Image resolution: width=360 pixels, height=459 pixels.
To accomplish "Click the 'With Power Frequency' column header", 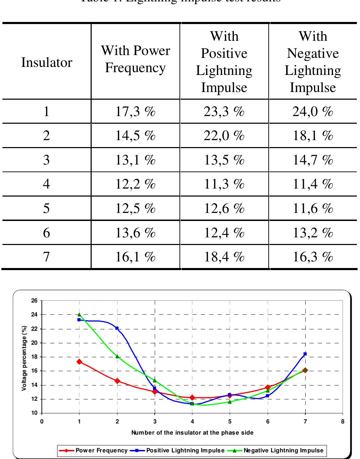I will tap(135, 59).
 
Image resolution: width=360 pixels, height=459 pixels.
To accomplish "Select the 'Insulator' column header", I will tap(47, 62).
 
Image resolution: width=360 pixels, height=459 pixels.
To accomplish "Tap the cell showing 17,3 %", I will tap(135, 112).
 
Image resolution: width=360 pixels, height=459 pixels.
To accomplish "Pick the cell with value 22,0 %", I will tap(224, 136).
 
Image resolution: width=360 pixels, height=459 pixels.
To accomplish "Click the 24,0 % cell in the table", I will tap(313, 112).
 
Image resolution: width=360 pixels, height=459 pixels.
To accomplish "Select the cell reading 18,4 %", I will tap(224, 257).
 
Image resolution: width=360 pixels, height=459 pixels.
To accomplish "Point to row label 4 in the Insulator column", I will tap(47, 184).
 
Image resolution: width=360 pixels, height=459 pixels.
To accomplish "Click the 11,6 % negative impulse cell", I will tap(313, 208).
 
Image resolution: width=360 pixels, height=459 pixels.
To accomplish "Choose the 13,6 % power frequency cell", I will tap(135, 232).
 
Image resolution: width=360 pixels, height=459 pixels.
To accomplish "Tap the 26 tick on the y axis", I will tap(35, 300).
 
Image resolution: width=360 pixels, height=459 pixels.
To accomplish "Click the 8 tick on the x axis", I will tap(343, 421).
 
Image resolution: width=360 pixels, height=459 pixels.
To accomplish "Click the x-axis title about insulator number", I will tap(192, 433).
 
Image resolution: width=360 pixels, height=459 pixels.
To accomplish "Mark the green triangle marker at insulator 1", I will tap(79, 314).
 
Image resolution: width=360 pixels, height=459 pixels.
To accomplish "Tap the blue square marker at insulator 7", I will tap(305, 354).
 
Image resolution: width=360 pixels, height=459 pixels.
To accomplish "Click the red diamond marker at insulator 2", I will tap(117, 381).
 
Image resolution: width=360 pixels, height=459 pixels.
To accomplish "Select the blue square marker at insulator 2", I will tap(117, 328).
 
